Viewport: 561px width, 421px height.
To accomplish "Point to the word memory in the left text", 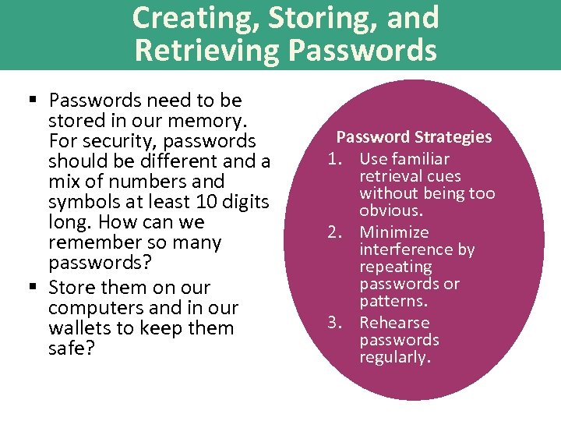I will click(x=213, y=121).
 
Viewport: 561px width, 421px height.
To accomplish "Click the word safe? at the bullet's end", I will click(x=71, y=348).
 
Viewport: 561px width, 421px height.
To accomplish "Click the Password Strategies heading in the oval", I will click(x=414, y=137).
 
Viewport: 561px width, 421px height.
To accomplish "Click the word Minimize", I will click(x=394, y=232).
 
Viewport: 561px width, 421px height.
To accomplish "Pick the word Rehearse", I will click(x=394, y=323).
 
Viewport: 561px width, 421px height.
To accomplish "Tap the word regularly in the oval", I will click(x=393, y=357).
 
